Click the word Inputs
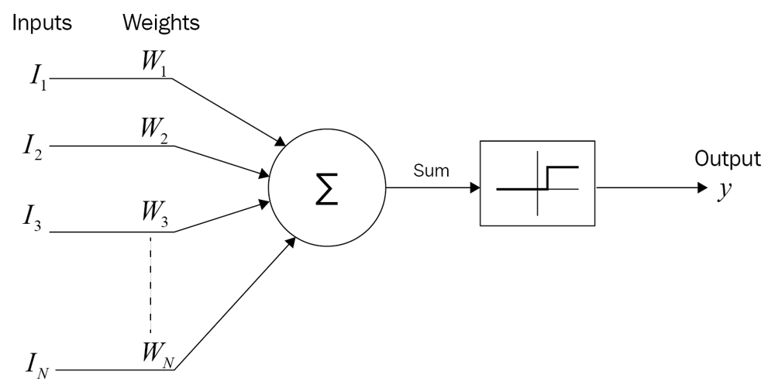pyautogui.click(x=41, y=23)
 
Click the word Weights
pyautogui.click(x=160, y=23)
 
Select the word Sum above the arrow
pyautogui.click(x=432, y=171)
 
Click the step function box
pyautogui.click(x=537, y=184)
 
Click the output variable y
pyautogui.click(x=725, y=191)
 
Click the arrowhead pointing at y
pyautogui.click(x=702, y=187)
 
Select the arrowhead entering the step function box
pyautogui.click(x=474, y=187)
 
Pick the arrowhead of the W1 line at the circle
pyautogui.click(x=280, y=141)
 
